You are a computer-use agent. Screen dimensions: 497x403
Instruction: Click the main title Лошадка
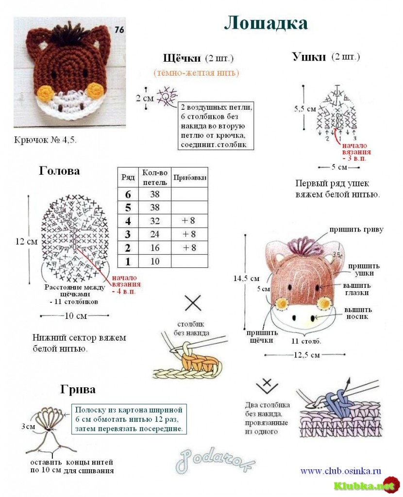tap(266, 23)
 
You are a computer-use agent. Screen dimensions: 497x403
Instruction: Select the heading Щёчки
tap(182, 58)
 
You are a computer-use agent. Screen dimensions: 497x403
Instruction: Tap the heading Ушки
tap(309, 57)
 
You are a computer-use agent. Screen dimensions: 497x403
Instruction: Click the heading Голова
tap(59, 171)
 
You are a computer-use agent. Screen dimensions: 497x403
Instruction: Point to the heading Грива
tap(78, 389)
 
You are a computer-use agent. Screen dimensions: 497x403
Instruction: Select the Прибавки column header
tap(189, 178)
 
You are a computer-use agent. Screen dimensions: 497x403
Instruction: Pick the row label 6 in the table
tap(128, 194)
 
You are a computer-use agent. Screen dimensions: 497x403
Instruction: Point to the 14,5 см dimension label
tap(246, 278)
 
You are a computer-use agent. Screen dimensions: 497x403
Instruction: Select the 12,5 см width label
tap(307, 355)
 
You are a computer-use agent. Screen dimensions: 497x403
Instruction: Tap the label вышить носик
tap(358, 313)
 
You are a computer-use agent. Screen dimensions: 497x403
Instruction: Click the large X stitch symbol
tap(193, 303)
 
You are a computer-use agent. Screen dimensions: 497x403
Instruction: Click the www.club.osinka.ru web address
tap(340, 471)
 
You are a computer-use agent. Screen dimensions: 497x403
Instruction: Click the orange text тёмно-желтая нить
tap(196, 73)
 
